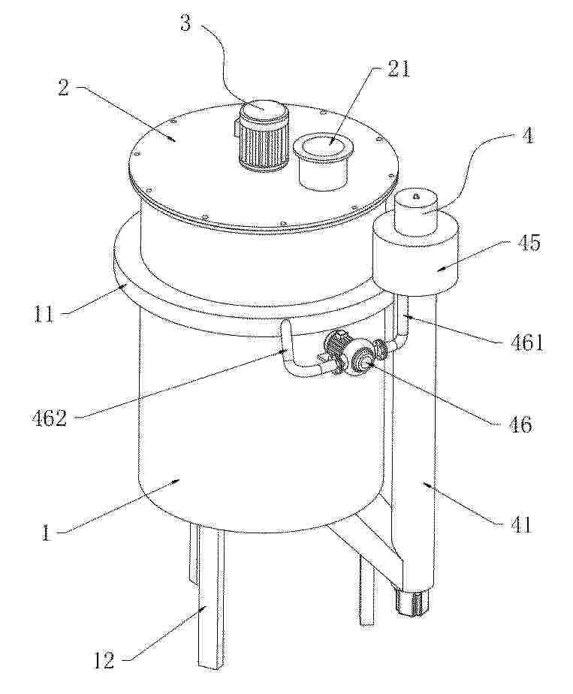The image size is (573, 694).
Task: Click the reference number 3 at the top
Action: tap(185, 23)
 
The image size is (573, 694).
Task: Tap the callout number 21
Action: tap(398, 68)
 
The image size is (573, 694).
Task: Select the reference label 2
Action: tap(64, 88)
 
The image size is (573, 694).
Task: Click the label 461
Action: tap(525, 343)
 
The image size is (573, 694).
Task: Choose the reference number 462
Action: tap(50, 418)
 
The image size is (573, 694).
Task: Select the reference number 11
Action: tap(44, 315)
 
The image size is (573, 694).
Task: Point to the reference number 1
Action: tap(46, 533)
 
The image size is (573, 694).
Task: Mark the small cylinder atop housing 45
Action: tap(416, 211)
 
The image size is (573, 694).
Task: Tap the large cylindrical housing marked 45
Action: tap(416, 257)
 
